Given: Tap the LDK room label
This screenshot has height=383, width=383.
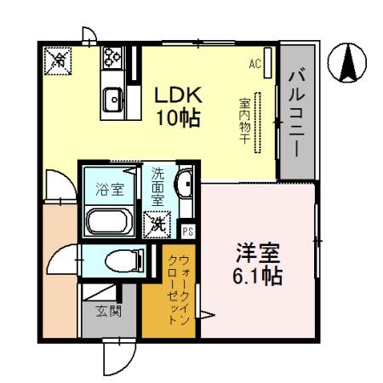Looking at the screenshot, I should coord(178,94).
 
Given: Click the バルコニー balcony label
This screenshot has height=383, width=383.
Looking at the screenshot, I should coord(295,110).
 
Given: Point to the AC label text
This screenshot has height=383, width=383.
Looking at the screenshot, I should coord(254,63).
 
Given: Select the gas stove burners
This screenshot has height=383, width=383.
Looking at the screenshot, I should coord(112,59).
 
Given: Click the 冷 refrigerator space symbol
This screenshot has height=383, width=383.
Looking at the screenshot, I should coord(59,59).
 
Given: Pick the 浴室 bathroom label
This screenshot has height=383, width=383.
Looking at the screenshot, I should coord(109,189).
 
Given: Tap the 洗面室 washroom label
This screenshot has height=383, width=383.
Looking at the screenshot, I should coord(157,187).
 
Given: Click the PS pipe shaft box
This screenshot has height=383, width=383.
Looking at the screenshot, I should coord(188,231).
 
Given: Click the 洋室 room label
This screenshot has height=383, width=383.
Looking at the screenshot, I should coord(258,253).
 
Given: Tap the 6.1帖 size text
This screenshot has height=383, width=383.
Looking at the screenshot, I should coord(258,276).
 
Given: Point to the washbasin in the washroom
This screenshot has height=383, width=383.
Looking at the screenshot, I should coord(186,187).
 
